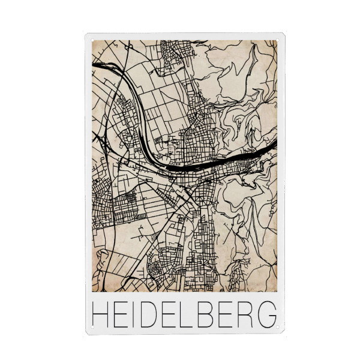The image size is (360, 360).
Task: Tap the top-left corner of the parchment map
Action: click(92, 41)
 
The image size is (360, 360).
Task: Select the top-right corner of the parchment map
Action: click(277, 41)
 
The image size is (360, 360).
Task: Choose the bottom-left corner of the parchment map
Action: click(92, 292)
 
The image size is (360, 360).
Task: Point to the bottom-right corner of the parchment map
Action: click(277, 292)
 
